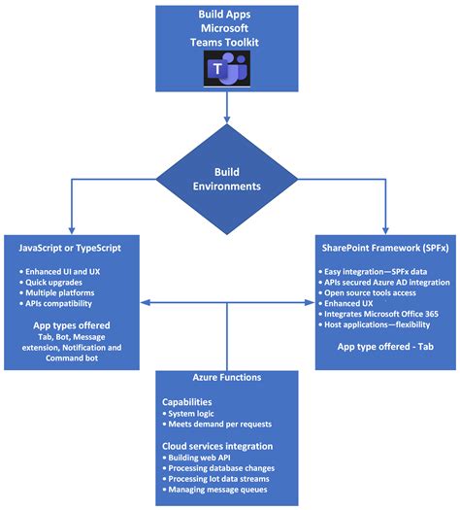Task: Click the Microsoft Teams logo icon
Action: (x=227, y=68)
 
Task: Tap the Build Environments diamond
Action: (x=227, y=179)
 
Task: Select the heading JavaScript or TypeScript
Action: (x=70, y=248)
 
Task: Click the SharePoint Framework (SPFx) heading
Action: (x=385, y=248)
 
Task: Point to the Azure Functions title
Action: (x=227, y=377)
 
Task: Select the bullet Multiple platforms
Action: (x=57, y=292)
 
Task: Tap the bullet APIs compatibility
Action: (x=56, y=303)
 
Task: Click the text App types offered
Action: (x=72, y=325)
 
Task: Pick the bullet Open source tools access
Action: (x=368, y=292)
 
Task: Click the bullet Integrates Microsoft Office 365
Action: (x=378, y=314)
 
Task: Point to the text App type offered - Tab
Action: (x=385, y=347)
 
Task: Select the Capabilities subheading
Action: (x=186, y=402)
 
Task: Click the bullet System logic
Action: (x=188, y=414)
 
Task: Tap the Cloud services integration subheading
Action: (x=217, y=446)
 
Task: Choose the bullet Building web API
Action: (x=197, y=458)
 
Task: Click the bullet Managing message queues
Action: (x=215, y=490)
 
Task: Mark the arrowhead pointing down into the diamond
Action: (x=227, y=119)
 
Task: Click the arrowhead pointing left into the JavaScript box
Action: (x=145, y=303)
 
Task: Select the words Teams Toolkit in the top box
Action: (x=224, y=43)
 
